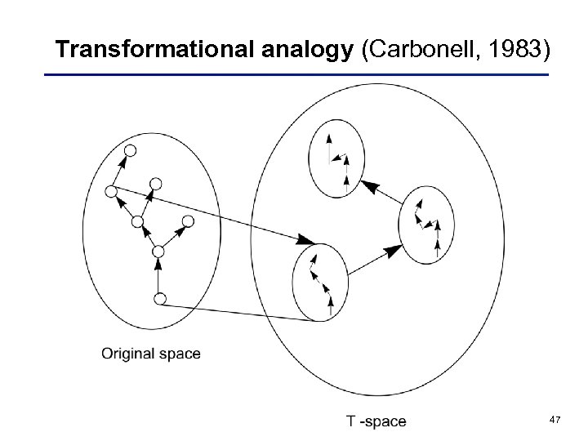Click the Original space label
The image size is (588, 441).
click(x=150, y=354)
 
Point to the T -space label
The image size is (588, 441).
click(x=376, y=421)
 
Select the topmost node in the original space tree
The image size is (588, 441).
click(x=129, y=151)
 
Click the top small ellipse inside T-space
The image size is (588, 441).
click(x=336, y=157)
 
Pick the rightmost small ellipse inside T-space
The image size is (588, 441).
click(x=426, y=224)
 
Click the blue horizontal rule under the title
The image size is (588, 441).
click(x=294, y=75)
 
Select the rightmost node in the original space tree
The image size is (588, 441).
click(x=188, y=221)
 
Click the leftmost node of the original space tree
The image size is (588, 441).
click(x=111, y=192)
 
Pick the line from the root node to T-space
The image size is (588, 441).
click(x=237, y=313)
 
